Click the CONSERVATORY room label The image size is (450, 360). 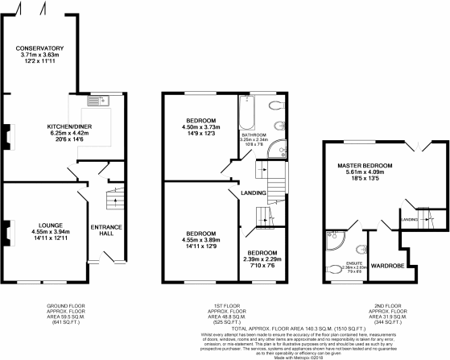pos(44,48)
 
